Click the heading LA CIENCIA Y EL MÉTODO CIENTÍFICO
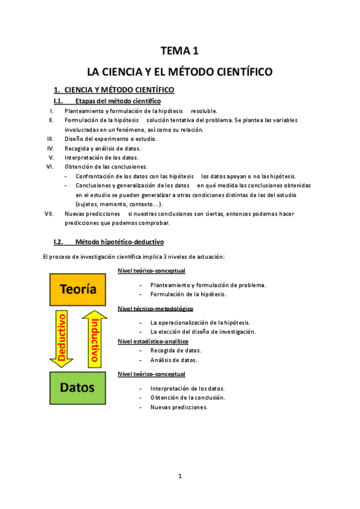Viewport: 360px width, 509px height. tap(179, 72)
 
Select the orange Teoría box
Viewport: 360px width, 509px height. tap(78, 289)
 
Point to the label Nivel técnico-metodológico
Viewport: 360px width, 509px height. tap(155, 309)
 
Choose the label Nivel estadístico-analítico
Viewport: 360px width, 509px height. tap(154, 341)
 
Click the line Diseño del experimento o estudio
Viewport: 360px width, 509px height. tap(111, 139)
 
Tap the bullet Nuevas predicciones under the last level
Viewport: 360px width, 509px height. tap(179, 407)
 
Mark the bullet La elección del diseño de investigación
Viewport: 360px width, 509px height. tap(203, 331)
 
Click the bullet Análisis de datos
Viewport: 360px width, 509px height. tap(174, 360)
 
